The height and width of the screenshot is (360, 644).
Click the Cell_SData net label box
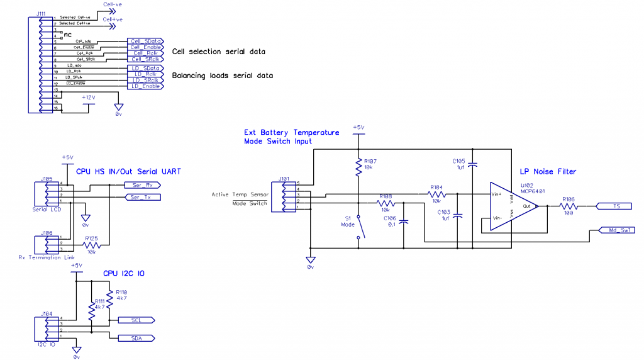point(144,40)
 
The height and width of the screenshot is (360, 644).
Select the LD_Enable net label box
point(144,86)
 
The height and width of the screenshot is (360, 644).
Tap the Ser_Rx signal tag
point(142,185)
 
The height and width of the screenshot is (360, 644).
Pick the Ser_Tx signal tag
point(142,197)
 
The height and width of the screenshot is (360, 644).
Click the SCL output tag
point(136,320)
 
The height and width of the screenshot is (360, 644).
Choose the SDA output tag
point(136,338)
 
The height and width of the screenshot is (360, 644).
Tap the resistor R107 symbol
point(358,166)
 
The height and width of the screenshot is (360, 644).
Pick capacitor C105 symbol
point(473,166)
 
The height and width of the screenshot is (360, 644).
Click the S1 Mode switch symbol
point(358,227)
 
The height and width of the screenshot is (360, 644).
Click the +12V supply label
point(88,98)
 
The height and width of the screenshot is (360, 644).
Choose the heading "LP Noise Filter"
point(548,172)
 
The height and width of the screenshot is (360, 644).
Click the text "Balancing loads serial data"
point(223,76)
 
